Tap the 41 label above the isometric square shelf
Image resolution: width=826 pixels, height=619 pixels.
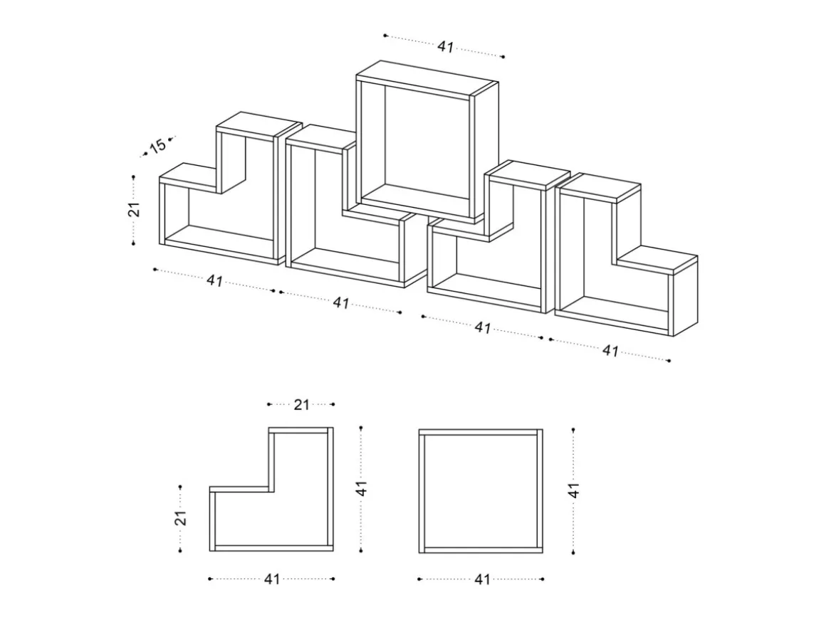pos(446,47)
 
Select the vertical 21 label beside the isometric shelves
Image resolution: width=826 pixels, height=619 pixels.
pos(134,209)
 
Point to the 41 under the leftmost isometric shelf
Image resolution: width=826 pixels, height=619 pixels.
pos(214,280)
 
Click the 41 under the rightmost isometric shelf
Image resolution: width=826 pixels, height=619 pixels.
pos(610,350)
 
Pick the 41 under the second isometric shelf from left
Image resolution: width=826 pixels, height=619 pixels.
pos(341,302)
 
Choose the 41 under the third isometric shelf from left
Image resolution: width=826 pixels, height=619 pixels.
pos(483,327)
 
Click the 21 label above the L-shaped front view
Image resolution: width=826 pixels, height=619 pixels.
pos(301,405)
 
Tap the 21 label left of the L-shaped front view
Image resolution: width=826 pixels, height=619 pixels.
pos(181,518)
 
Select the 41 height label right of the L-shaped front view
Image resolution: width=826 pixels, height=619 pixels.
pos(361,489)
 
